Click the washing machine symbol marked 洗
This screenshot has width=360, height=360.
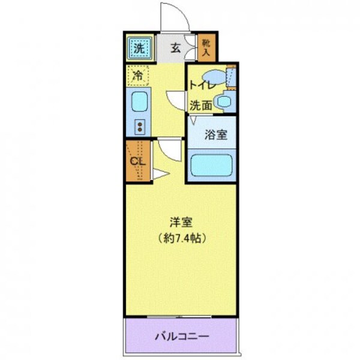pos(139,48)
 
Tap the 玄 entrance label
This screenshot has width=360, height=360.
pos(176,49)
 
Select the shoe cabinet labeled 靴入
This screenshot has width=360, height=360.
pos(206,49)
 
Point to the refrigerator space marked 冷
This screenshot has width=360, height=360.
pos(139,76)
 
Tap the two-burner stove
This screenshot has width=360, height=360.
pos(139,126)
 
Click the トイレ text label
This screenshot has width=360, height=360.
pos(200,85)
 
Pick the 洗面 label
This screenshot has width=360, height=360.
pos(201,105)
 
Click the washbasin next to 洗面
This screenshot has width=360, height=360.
pos(224,101)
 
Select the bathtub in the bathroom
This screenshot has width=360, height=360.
pos(211,165)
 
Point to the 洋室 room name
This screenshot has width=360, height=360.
pos(180,221)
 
